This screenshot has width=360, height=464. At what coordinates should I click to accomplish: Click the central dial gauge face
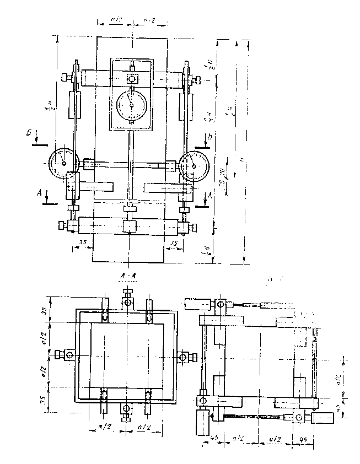(131, 102)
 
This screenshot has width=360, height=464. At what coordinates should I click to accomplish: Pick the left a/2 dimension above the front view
(116, 20)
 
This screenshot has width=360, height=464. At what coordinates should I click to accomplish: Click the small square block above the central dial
(132, 78)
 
